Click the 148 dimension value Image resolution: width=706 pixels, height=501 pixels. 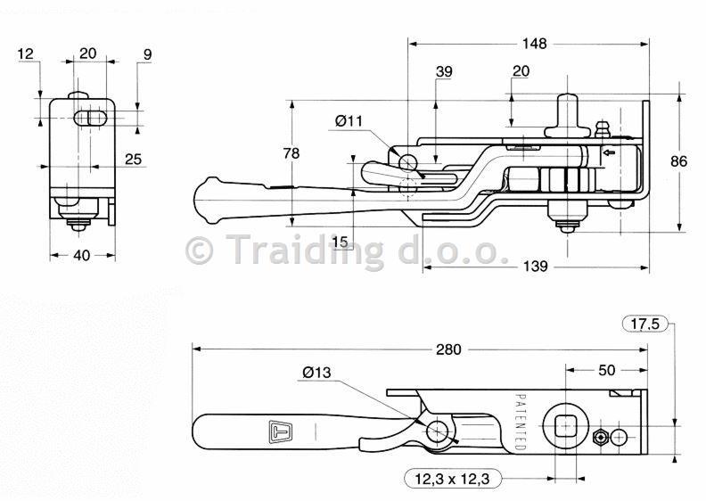coord(534,44)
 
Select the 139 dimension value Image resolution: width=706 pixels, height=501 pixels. coord(536,267)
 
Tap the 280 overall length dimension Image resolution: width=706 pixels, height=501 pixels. coord(448,349)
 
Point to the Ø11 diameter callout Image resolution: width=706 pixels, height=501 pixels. coord(349,121)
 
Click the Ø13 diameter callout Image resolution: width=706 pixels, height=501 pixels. coord(316,373)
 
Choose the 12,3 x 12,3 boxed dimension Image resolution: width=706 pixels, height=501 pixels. coord(452,479)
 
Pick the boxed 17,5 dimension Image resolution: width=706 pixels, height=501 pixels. coord(644,324)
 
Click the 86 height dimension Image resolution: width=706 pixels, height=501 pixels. coord(678,161)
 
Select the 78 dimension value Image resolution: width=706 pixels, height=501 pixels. coord(291,153)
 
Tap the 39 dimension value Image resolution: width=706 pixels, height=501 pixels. coord(444,71)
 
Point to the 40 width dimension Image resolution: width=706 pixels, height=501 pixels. coord(81,255)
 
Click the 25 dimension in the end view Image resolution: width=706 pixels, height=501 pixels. coord(133,159)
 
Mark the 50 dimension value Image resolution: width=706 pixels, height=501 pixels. coord(606,370)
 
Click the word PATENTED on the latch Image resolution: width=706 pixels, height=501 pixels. coord(520,423)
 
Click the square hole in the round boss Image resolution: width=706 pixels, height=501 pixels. coord(565,426)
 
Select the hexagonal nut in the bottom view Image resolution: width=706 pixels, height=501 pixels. coord(600,437)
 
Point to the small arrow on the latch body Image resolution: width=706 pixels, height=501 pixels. coord(609,153)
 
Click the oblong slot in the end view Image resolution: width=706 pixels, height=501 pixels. coord(90,118)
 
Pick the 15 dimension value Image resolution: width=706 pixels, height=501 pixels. coord(341,242)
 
